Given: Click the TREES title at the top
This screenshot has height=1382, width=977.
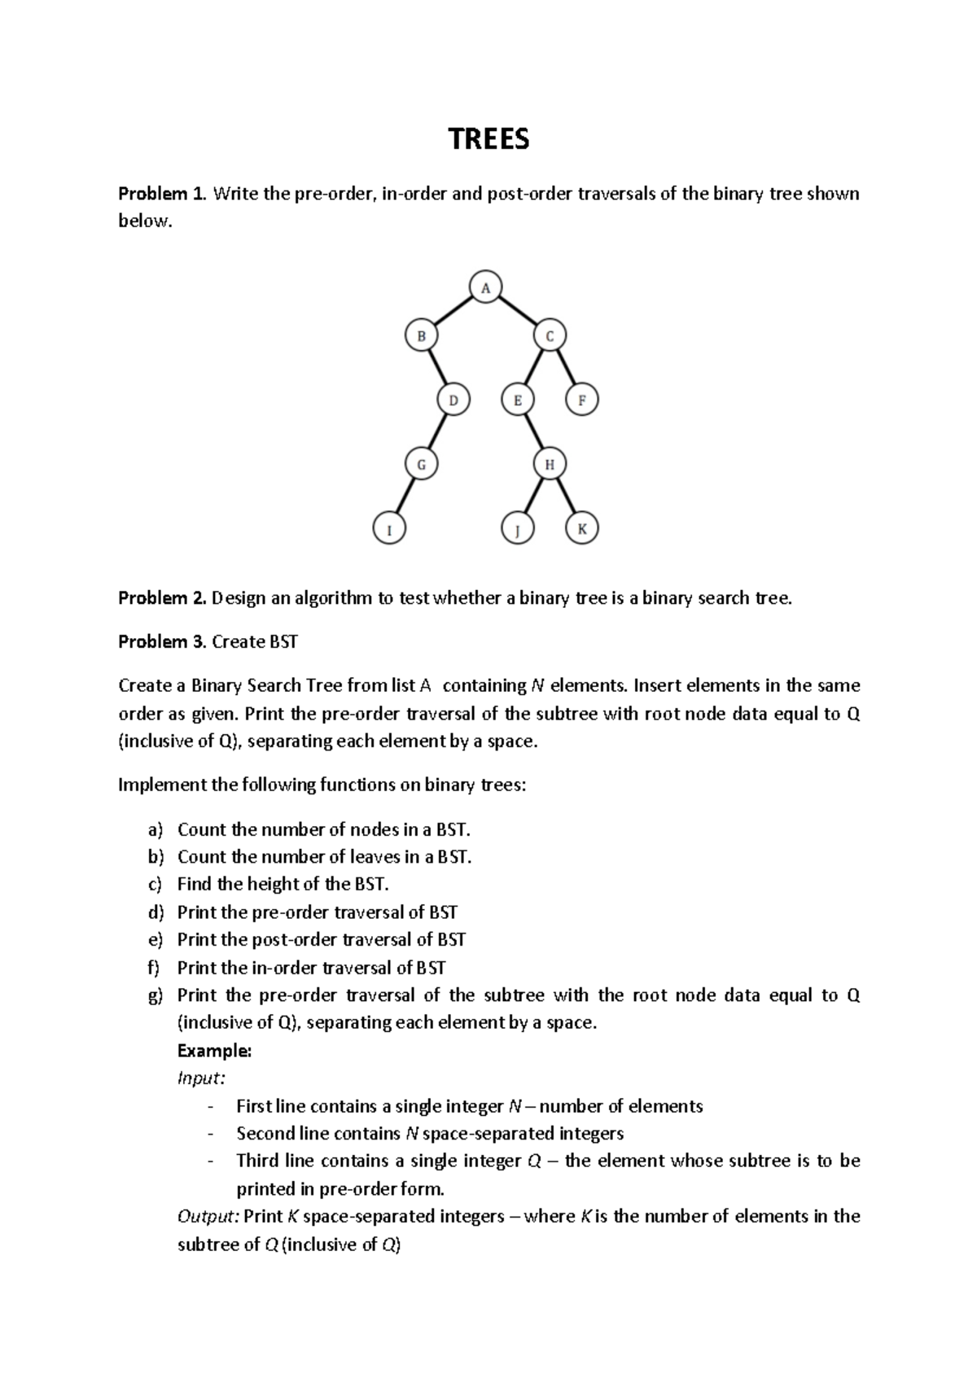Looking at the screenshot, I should click(488, 140).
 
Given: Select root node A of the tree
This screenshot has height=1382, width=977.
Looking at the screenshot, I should click(486, 287).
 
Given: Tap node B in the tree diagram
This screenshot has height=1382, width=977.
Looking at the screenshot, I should click(422, 335).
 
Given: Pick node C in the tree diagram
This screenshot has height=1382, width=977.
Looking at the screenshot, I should click(550, 335).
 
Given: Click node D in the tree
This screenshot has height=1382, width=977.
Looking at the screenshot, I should click(453, 400).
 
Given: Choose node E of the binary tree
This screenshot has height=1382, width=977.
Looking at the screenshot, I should click(518, 400).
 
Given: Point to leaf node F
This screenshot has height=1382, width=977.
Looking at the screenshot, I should click(582, 400).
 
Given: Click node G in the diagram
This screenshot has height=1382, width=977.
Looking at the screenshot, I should click(422, 465).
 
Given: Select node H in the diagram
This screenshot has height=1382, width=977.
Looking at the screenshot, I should click(550, 465).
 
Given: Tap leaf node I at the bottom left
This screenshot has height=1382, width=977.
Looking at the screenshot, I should click(389, 530).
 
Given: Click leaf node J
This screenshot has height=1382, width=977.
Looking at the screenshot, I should click(518, 530).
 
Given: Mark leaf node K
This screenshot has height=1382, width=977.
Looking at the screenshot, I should click(582, 530).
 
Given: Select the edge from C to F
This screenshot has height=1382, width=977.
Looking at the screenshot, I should click(566, 368).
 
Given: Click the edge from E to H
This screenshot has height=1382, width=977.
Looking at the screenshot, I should click(533, 432).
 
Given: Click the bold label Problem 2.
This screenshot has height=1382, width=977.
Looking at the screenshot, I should click(163, 599).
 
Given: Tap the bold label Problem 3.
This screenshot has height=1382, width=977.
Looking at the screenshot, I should click(163, 642).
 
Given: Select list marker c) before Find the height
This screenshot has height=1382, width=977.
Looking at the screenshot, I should click(156, 885).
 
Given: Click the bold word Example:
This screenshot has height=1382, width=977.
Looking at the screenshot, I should click(214, 1051).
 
